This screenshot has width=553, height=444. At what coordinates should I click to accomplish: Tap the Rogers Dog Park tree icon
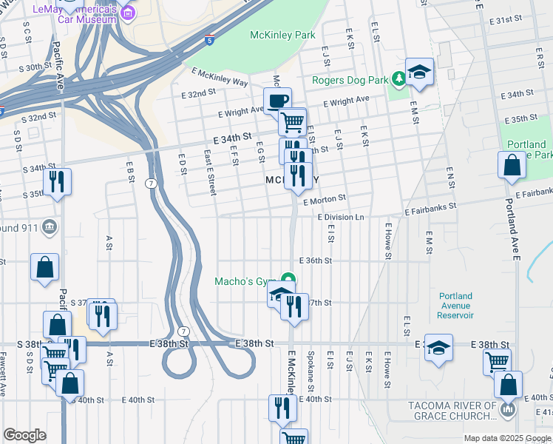pos(398,77)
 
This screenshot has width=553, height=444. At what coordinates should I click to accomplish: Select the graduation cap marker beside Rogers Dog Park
pos(419,73)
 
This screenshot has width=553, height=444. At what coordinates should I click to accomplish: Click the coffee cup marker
pos(278,101)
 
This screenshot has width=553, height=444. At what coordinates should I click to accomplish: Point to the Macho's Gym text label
pos(244,281)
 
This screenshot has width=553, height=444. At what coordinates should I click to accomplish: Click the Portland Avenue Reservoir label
pos(454,306)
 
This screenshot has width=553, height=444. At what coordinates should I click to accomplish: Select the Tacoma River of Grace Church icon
pos(507,409)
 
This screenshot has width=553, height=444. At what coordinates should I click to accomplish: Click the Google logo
pos(24,435)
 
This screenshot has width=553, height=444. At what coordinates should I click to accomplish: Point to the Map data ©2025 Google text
pos(506,438)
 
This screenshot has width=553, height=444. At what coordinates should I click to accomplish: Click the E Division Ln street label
pos(341,217)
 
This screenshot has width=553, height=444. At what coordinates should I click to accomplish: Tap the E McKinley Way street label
pos(219,77)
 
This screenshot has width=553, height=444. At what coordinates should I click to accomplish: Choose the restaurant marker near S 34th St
pos(57,181)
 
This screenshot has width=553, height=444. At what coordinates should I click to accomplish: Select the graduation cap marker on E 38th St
pos(439,349)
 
